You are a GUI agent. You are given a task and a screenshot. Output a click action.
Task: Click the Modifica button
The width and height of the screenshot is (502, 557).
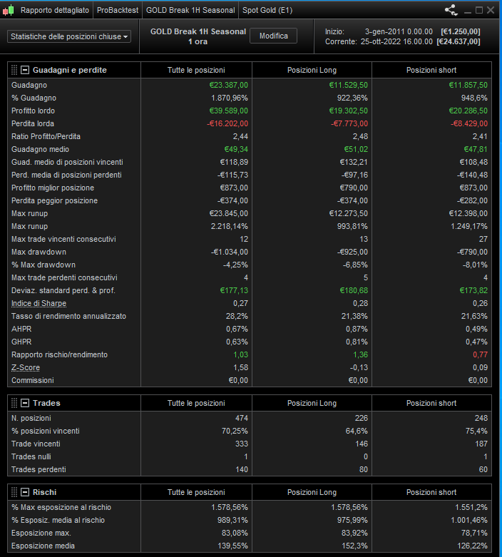pos(273,36)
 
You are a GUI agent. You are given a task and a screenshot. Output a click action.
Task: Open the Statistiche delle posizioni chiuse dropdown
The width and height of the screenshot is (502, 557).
pos(69,36)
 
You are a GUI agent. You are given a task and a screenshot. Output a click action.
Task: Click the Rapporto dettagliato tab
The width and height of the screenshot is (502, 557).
pos(55,11)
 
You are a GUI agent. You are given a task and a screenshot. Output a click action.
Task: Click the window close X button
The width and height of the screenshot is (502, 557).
pos(491,10)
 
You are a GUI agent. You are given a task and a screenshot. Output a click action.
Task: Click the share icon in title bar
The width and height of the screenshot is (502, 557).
pos(451,10)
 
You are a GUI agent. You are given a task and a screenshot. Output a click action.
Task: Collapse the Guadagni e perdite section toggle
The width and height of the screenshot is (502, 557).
pos(25,70)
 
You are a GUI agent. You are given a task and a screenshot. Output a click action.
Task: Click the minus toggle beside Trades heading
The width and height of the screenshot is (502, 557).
pos(25,403)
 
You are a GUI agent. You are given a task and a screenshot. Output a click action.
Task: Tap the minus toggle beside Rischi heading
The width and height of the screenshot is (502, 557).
pos(25,492)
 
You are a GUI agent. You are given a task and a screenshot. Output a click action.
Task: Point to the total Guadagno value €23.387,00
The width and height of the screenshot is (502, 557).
pos(224,85)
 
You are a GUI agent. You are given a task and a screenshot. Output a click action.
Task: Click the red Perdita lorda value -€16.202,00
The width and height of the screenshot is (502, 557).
pos(227,123)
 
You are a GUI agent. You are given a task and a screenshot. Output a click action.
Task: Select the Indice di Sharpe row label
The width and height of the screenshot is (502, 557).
pos(39,303)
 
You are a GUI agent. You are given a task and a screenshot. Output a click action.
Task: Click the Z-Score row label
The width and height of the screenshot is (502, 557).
pos(26,367)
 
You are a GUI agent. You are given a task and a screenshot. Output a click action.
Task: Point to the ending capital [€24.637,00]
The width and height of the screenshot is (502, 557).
pos(460,41)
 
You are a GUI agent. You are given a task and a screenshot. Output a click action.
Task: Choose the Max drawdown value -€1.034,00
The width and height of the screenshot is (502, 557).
pos(229,252)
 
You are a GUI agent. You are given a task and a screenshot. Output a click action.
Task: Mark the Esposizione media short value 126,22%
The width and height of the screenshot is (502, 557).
pos(471,546)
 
